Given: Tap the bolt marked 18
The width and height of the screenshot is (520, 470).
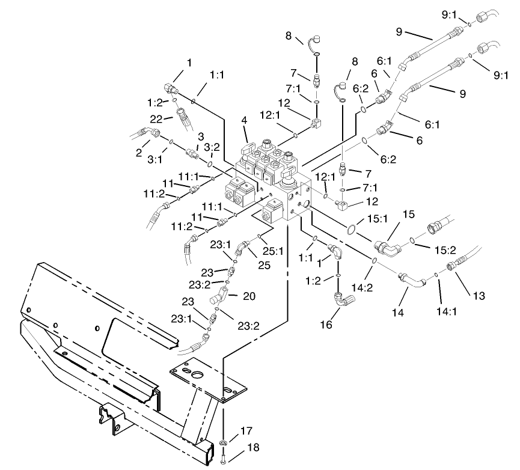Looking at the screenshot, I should click(224, 460).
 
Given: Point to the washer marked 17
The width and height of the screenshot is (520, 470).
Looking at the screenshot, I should click(224, 443).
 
